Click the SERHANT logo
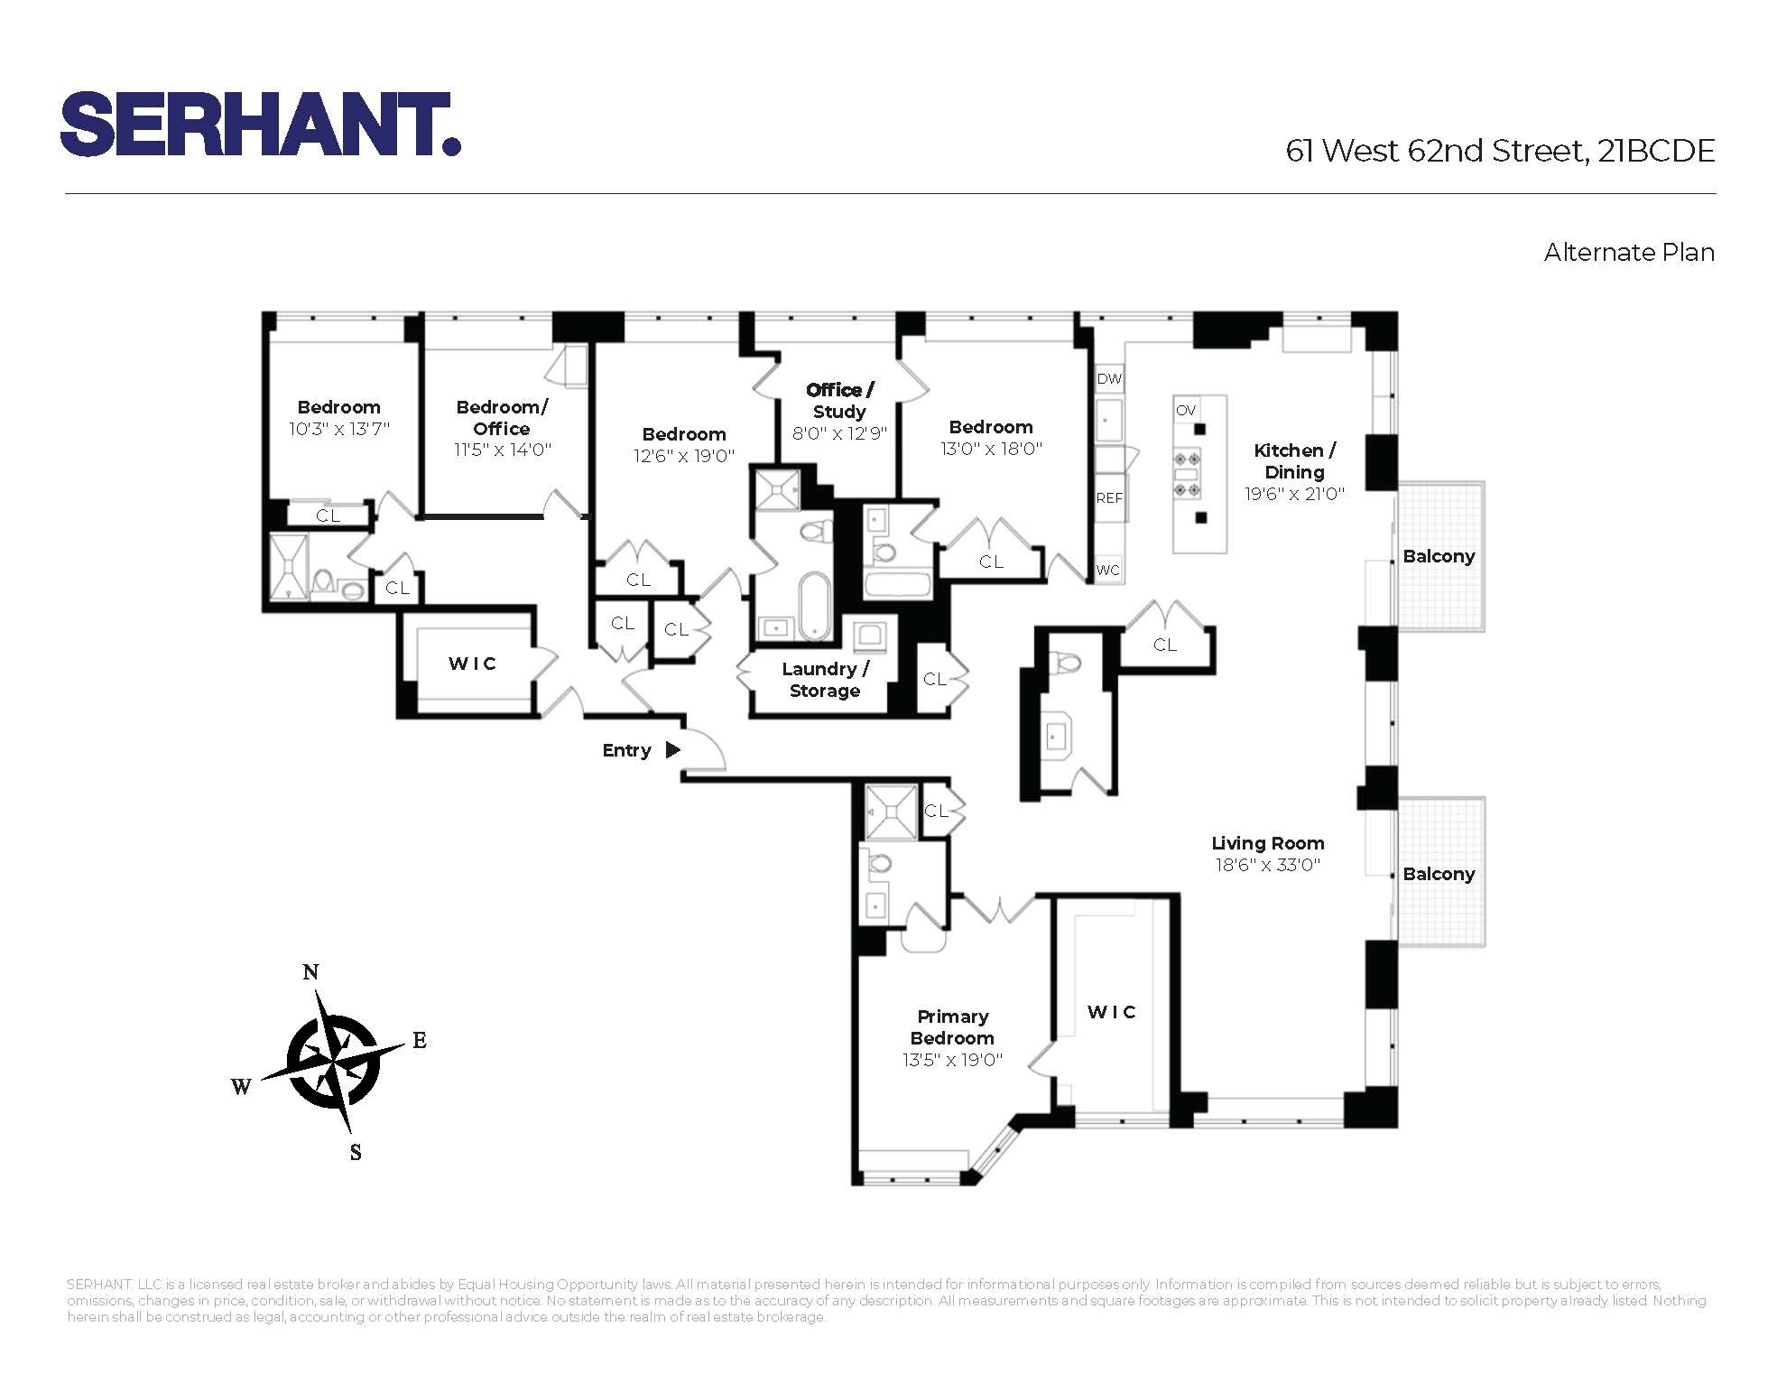coord(261,125)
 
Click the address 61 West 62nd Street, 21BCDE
coord(1499,151)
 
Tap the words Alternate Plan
coord(1628,253)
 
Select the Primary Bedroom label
coord(952,1027)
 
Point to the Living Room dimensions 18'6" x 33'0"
coord(1267,865)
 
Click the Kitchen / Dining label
coord(1294,460)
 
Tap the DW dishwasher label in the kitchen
coord(1109,379)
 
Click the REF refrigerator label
coord(1109,497)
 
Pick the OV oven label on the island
coord(1185,410)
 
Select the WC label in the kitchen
coord(1108,570)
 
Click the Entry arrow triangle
coord(672,749)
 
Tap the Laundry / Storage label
coord(825,680)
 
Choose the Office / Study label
coord(839,401)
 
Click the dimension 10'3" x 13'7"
coord(338,429)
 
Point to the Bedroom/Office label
coord(502,417)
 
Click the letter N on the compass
coord(310,972)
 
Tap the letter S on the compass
coord(356,1153)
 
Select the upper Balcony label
coord(1439,556)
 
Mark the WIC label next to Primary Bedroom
coord(1111,1012)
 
